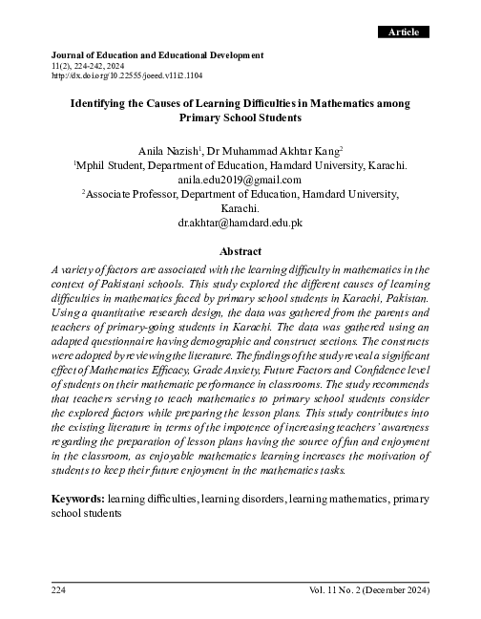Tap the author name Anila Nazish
coord(169,150)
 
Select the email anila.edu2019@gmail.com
coord(240,179)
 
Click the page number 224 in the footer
coord(60,591)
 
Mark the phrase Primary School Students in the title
coord(240,118)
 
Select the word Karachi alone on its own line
coord(240,207)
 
